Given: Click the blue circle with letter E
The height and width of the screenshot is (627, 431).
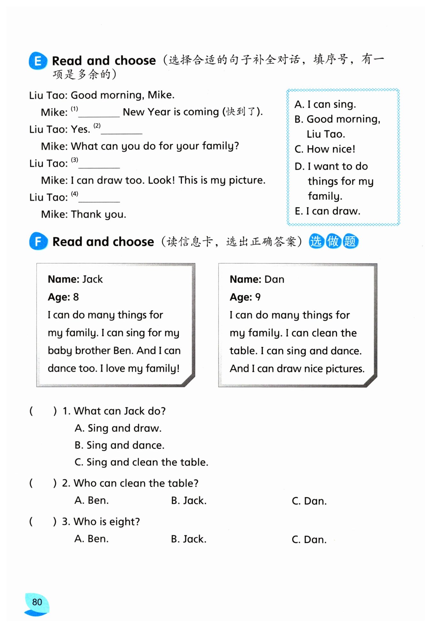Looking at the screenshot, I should [x=38, y=61].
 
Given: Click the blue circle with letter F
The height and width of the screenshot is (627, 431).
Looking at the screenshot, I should [x=38, y=241].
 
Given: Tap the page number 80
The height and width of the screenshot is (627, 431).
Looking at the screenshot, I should [x=37, y=602].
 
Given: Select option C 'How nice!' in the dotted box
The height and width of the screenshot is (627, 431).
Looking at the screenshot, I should [x=325, y=149].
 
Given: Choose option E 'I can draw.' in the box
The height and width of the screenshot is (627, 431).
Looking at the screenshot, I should [x=327, y=211].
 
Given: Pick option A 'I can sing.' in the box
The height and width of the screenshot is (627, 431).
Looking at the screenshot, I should [x=325, y=104].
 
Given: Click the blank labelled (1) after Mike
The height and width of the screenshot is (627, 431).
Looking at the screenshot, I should [x=99, y=113].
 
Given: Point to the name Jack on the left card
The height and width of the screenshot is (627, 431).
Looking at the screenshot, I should [x=93, y=279].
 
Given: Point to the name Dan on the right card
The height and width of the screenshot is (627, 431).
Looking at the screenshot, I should [x=274, y=279].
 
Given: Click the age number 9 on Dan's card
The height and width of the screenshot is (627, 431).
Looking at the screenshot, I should [x=258, y=297].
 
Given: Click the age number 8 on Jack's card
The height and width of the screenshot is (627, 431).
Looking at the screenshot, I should [x=76, y=297].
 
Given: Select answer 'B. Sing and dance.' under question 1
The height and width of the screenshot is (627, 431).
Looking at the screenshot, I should [x=119, y=445].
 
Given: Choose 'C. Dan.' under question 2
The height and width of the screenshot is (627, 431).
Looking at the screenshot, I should [x=309, y=501].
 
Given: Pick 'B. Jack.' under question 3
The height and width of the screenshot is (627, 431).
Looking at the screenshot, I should [x=189, y=539].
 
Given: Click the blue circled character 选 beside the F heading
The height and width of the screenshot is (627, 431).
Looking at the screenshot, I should [x=316, y=241].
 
